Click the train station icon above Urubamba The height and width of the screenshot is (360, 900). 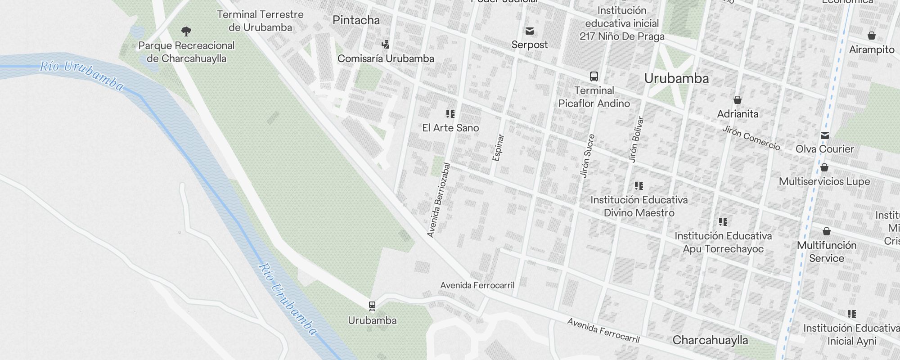click(372, 306)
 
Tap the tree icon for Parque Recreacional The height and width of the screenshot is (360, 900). click(186, 31)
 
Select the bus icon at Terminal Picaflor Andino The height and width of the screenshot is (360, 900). click(594, 76)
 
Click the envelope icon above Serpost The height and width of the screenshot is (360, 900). click(530, 31)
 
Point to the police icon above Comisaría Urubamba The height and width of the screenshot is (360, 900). click(385, 44)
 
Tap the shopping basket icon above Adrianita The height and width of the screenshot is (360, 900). click(738, 99)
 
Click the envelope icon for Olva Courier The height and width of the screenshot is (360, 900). click(824, 135)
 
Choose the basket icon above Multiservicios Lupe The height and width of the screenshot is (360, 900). click(824, 167)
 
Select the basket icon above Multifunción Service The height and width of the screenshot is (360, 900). click(827, 231)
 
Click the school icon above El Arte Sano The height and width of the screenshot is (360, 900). click(450, 113)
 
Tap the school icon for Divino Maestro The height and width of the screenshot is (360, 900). click(639, 185)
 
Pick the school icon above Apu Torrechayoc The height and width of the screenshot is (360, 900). click(723, 221)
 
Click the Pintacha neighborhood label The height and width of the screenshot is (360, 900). click(356, 20)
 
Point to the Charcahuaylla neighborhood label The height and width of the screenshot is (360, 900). click(710, 340)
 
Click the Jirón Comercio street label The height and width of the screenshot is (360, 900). click(751, 138)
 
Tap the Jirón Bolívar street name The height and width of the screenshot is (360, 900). click(636, 139)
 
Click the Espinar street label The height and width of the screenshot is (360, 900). click(498, 147)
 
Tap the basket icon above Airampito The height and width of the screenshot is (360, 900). click(872, 35)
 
